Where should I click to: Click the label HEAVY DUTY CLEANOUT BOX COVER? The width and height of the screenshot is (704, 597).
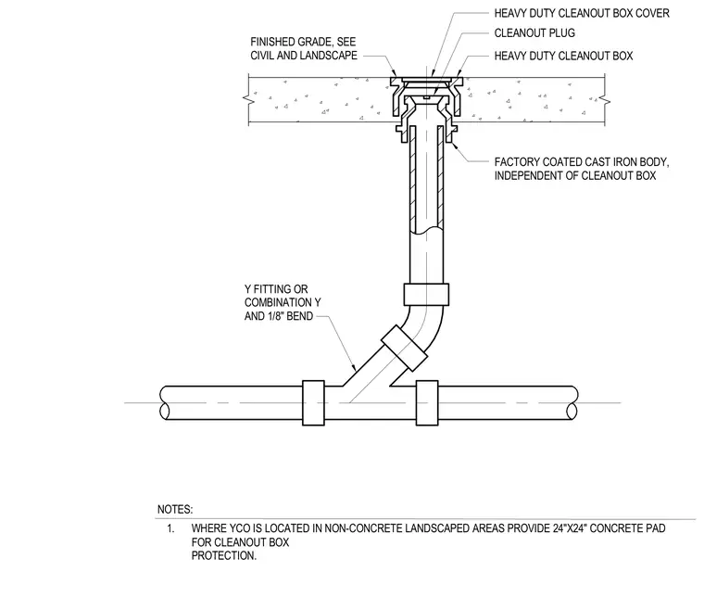[x=582, y=14]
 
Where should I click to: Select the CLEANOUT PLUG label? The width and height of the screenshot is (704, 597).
[x=534, y=33]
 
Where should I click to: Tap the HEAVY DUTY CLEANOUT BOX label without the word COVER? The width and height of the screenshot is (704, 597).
[x=563, y=57]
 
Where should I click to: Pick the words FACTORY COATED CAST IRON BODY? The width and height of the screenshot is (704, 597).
[x=582, y=161]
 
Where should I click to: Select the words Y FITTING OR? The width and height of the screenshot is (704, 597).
[x=276, y=289]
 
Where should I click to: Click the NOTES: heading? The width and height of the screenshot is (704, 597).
[x=175, y=510]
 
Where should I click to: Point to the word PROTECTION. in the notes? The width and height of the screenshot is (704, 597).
[x=224, y=555]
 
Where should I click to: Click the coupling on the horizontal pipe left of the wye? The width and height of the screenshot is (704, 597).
[x=313, y=403]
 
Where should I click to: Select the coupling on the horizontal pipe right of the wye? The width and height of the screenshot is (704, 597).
[x=427, y=403]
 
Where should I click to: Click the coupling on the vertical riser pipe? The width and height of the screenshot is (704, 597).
[x=426, y=295]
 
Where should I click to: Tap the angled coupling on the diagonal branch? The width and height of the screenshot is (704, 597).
[x=404, y=348]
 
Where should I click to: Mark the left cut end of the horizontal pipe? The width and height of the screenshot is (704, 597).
[x=164, y=403]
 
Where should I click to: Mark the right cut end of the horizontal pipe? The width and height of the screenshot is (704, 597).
[x=572, y=403]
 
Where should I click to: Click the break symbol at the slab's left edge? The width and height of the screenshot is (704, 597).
[x=248, y=100]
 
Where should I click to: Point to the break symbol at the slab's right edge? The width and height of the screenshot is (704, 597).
[x=605, y=100]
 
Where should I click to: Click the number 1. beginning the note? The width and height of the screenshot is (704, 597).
[x=170, y=528]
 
